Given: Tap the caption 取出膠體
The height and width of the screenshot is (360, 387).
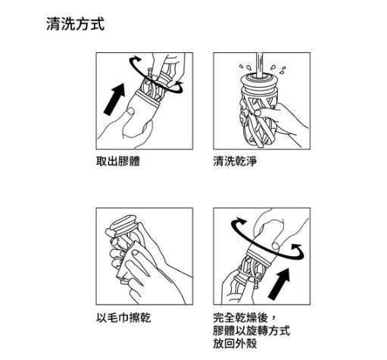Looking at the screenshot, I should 118,161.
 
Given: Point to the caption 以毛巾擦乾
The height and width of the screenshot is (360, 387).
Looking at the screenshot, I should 123,317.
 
